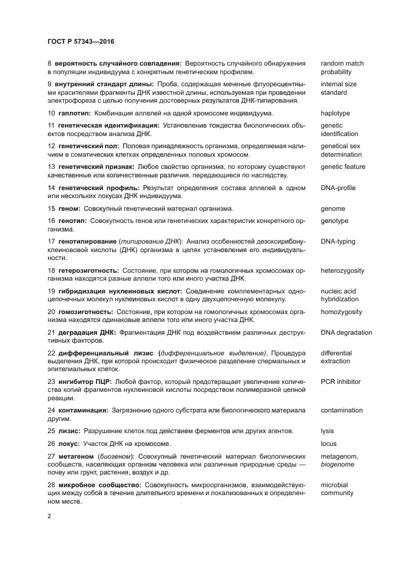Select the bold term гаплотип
pyautogui.click(x=74, y=114)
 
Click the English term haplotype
pyautogui.click(x=335, y=114)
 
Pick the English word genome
pyautogui.click(x=333, y=208)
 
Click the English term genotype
pyautogui.click(x=335, y=221)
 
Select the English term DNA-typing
pyautogui.click(x=338, y=241)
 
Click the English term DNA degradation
pyautogui.click(x=346, y=332)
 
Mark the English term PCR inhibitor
pyautogui.click(x=341, y=382)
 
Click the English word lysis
pyautogui.click(x=328, y=431)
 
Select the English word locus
pyautogui.click(x=329, y=443)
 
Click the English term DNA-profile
pyautogui.click(x=338, y=188)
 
